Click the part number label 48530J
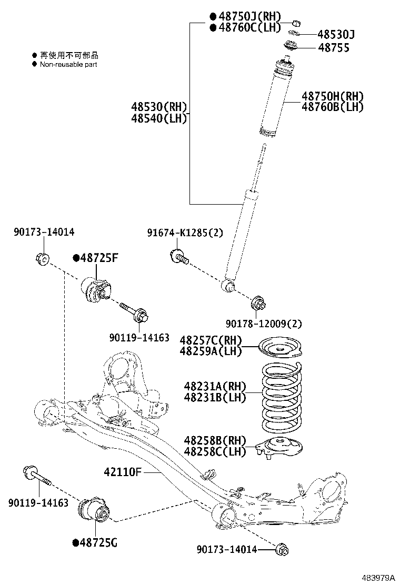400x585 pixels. click(336, 35)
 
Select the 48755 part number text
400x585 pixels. click(333, 48)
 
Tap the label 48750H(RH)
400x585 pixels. click(332, 96)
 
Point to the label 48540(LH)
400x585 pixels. click(159, 118)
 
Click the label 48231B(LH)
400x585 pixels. click(215, 398)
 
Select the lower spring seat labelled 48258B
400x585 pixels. click(279, 447)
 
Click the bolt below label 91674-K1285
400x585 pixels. click(179, 257)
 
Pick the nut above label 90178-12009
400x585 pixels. click(259, 302)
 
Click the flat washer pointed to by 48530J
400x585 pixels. click(295, 34)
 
